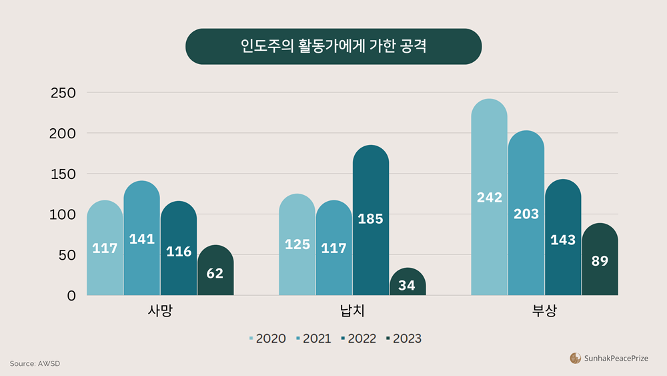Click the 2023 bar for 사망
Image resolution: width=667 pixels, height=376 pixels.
215,270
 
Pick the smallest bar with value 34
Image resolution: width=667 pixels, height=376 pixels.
408,282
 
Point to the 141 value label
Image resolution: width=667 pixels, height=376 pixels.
142,238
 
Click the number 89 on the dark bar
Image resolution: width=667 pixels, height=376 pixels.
600,261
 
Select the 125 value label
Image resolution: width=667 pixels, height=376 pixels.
297,244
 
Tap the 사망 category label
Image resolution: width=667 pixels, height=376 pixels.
160,311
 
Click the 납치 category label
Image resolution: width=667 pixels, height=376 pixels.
352,311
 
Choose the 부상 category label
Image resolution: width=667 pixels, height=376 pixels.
544,311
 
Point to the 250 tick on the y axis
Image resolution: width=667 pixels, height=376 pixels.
63,93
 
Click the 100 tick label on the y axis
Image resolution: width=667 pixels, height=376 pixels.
63,214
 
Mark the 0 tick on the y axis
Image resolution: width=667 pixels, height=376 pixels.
71,295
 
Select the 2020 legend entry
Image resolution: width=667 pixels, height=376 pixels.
267,339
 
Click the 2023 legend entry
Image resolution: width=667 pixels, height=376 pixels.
404,339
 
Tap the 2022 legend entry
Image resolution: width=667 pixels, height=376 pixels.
358,339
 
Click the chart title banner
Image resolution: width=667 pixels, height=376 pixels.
333,47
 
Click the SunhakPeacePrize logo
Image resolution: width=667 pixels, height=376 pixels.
609,359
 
